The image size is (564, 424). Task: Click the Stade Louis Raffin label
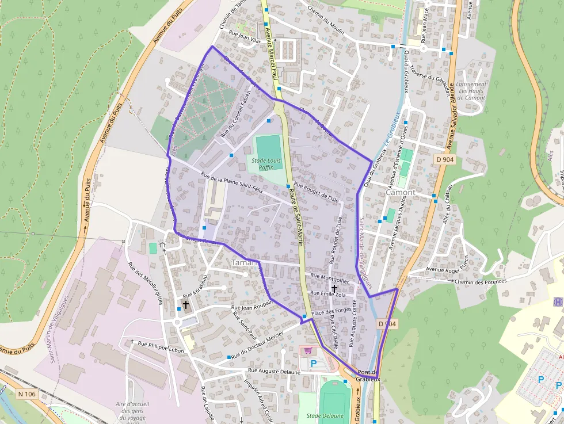266,164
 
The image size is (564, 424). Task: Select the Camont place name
401,192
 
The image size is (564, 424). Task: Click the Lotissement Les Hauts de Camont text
472,91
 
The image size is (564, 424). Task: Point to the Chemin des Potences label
481,281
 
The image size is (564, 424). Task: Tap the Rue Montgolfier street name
329,276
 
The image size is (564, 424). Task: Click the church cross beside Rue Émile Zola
334,288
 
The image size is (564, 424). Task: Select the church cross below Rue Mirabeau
186,304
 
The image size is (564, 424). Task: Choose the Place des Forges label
331,312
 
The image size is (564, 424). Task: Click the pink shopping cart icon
308,350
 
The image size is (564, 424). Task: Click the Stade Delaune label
325,415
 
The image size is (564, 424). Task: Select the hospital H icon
558,301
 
